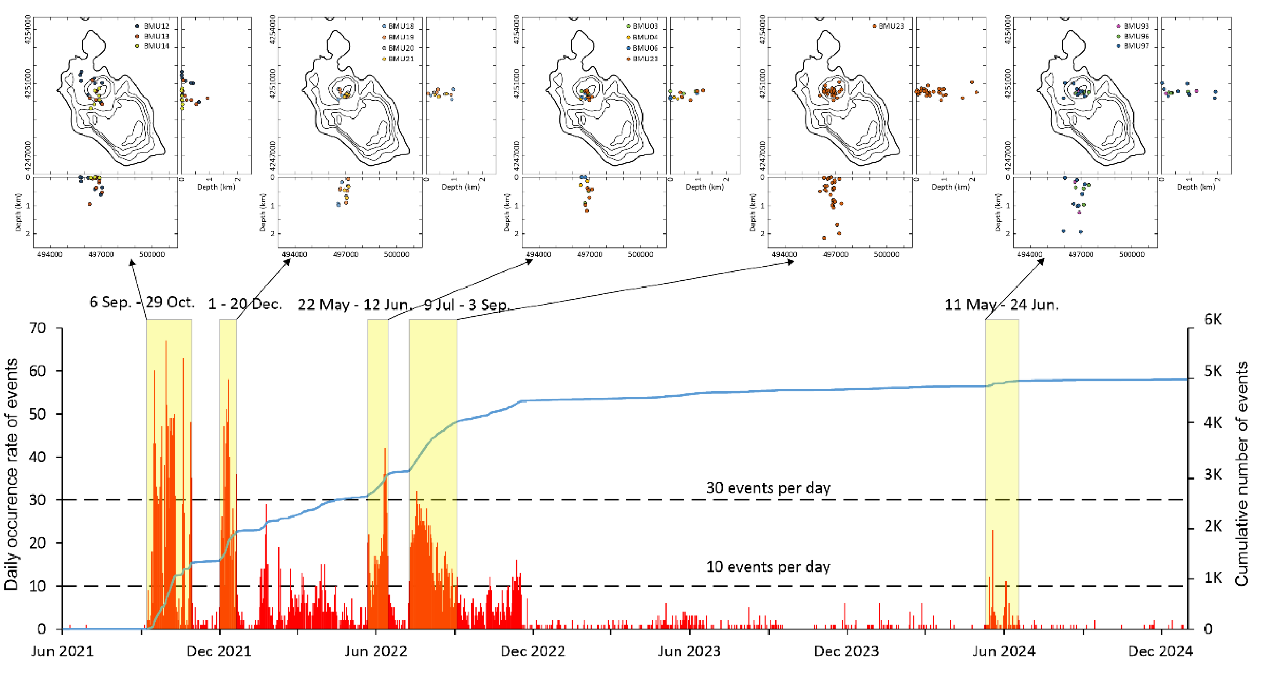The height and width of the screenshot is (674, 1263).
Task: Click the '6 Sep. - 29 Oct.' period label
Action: pos(142,302)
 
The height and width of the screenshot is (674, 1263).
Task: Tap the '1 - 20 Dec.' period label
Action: pos(245,304)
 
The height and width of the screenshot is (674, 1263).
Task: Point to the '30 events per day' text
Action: pos(768,488)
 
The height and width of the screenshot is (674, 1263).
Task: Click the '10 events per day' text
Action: pos(768,567)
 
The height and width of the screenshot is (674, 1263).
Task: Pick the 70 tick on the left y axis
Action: pos(37,328)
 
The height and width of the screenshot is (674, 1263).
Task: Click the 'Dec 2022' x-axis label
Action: pos(532,651)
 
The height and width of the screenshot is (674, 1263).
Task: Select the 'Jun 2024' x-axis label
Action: pos(1003,651)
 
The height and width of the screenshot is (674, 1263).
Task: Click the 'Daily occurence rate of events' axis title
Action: pos(11,473)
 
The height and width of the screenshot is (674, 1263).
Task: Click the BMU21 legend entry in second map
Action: pos(400,59)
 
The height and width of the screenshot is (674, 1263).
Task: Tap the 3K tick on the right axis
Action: pos(1213,474)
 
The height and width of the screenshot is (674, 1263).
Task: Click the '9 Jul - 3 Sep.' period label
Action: pos(467,305)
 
